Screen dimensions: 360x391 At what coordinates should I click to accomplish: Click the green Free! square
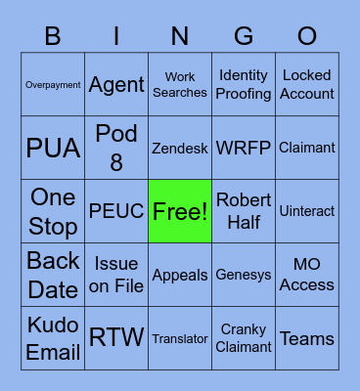coord(180,211)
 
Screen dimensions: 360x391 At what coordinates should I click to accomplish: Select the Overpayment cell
coord(53,85)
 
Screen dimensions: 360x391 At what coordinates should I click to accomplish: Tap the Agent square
coord(116,85)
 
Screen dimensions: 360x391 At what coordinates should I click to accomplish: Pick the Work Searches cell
coord(180,85)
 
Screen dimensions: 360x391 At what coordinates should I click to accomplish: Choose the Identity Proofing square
coord(244,85)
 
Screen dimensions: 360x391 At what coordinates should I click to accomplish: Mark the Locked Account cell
coord(307,85)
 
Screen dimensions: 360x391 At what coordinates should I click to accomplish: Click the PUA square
coord(53,149)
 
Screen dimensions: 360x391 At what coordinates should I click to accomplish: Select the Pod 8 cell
coord(116,149)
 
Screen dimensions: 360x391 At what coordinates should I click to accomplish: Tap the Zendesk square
coord(180,149)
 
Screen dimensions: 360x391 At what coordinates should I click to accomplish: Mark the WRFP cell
coord(244,149)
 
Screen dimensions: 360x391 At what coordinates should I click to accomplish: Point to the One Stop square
coord(53,211)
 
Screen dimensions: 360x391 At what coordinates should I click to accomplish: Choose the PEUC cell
coord(116,211)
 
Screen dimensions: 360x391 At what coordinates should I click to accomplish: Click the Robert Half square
coord(244,211)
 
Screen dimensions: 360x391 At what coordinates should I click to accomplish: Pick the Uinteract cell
coord(307,211)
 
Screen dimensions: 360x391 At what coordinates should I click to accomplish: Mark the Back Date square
coord(53,275)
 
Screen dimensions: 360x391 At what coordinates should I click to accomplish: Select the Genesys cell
coord(244,275)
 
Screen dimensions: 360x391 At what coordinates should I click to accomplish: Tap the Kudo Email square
coord(53,338)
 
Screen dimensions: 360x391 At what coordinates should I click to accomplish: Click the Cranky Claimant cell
coord(244,338)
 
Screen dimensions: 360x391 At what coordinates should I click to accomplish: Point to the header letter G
coord(244,36)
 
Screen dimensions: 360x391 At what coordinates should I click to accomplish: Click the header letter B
coord(53,36)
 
